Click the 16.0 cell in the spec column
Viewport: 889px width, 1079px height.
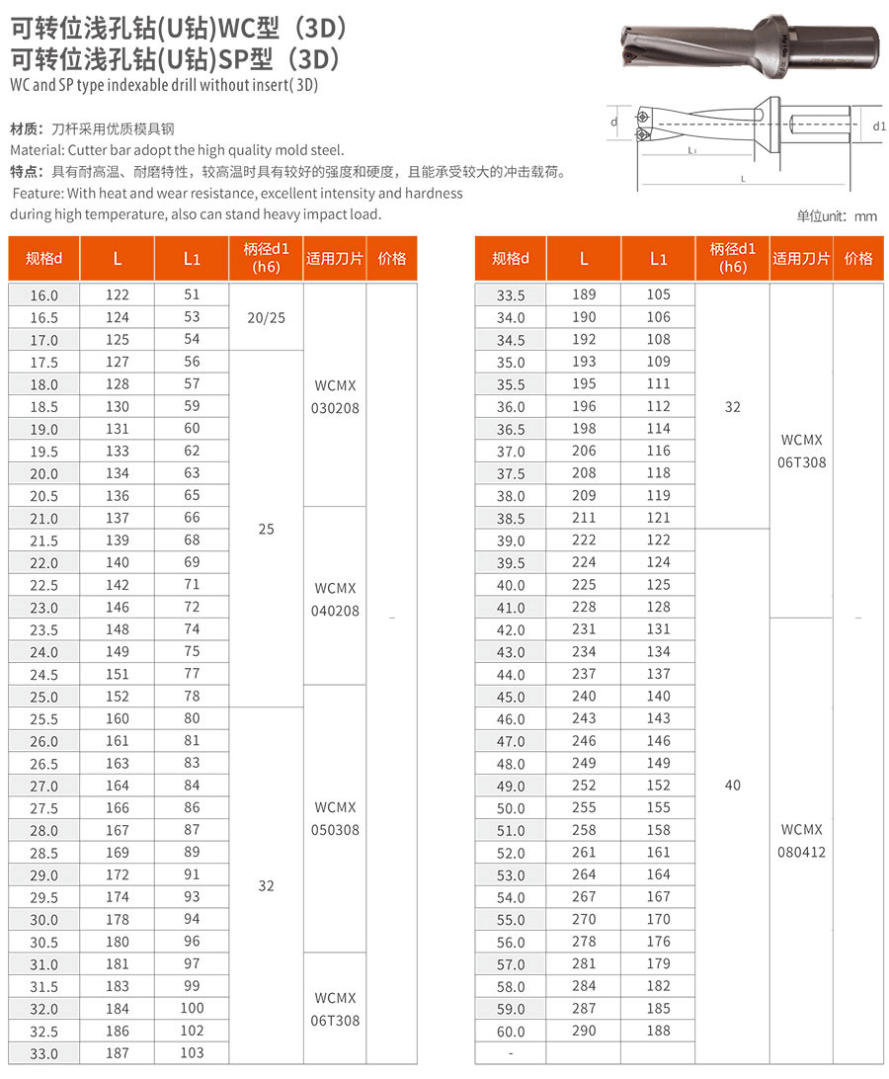point(44,295)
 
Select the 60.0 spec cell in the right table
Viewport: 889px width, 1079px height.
point(511,1032)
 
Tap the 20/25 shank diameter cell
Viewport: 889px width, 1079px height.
point(266,317)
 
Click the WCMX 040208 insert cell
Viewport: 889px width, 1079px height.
point(335,599)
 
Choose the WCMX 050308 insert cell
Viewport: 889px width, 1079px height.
point(335,818)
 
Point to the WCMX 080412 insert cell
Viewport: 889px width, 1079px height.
point(801,840)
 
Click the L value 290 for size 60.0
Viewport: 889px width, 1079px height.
point(584,1031)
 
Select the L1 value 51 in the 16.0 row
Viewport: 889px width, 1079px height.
point(192,294)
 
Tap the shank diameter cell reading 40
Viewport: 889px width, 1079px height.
point(732,786)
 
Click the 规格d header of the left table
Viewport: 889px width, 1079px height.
point(44,259)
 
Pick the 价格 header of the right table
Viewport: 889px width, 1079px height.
point(858,259)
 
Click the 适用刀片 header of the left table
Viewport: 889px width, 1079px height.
point(335,259)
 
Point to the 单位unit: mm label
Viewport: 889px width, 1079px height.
point(837,216)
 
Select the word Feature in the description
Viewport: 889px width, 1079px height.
point(38,194)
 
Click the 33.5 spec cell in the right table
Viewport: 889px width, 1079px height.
point(511,295)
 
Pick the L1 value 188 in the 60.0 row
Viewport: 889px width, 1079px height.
point(658,1031)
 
